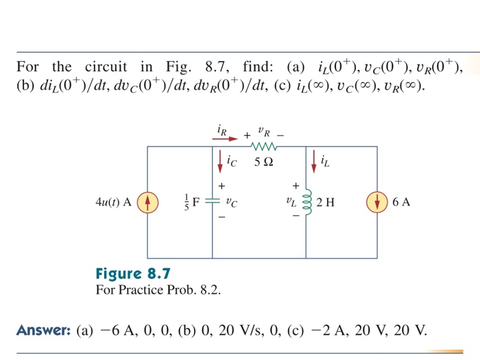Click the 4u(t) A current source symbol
[147, 203]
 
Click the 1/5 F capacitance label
[191, 203]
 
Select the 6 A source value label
[402, 203]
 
